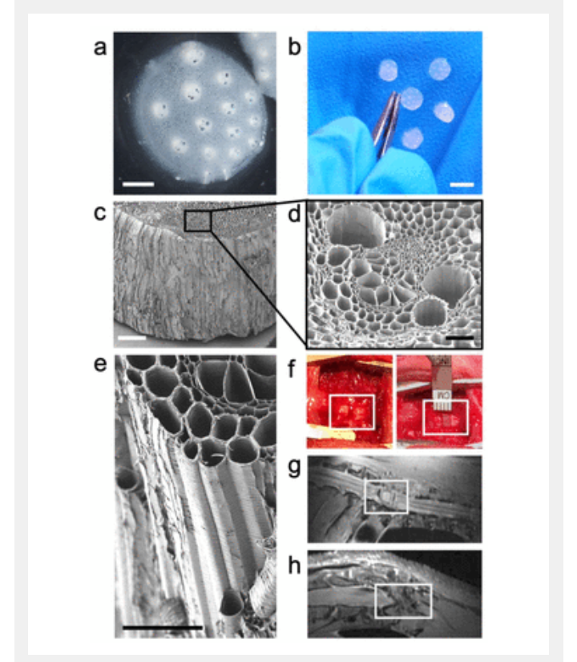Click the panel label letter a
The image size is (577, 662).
[x=100, y=47]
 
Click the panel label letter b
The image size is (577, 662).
[x=294, y=46]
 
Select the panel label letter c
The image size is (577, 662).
[x=99, y=213]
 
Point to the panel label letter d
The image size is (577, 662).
[x=294, y=214]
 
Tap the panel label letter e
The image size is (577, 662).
[x=100, y=364]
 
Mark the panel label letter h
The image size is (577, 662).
[x=294, y=565]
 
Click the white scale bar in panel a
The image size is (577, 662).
[x=139, y=184]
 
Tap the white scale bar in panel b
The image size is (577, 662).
[x=462, y=184]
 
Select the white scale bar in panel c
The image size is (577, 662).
[x=131, y=337]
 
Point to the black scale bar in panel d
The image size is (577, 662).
[x=460, y=337]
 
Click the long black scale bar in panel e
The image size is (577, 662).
[x=163, y=628]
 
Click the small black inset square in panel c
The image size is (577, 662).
[x=197, y=221]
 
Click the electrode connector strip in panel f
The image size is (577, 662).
[x=442, y=382]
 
